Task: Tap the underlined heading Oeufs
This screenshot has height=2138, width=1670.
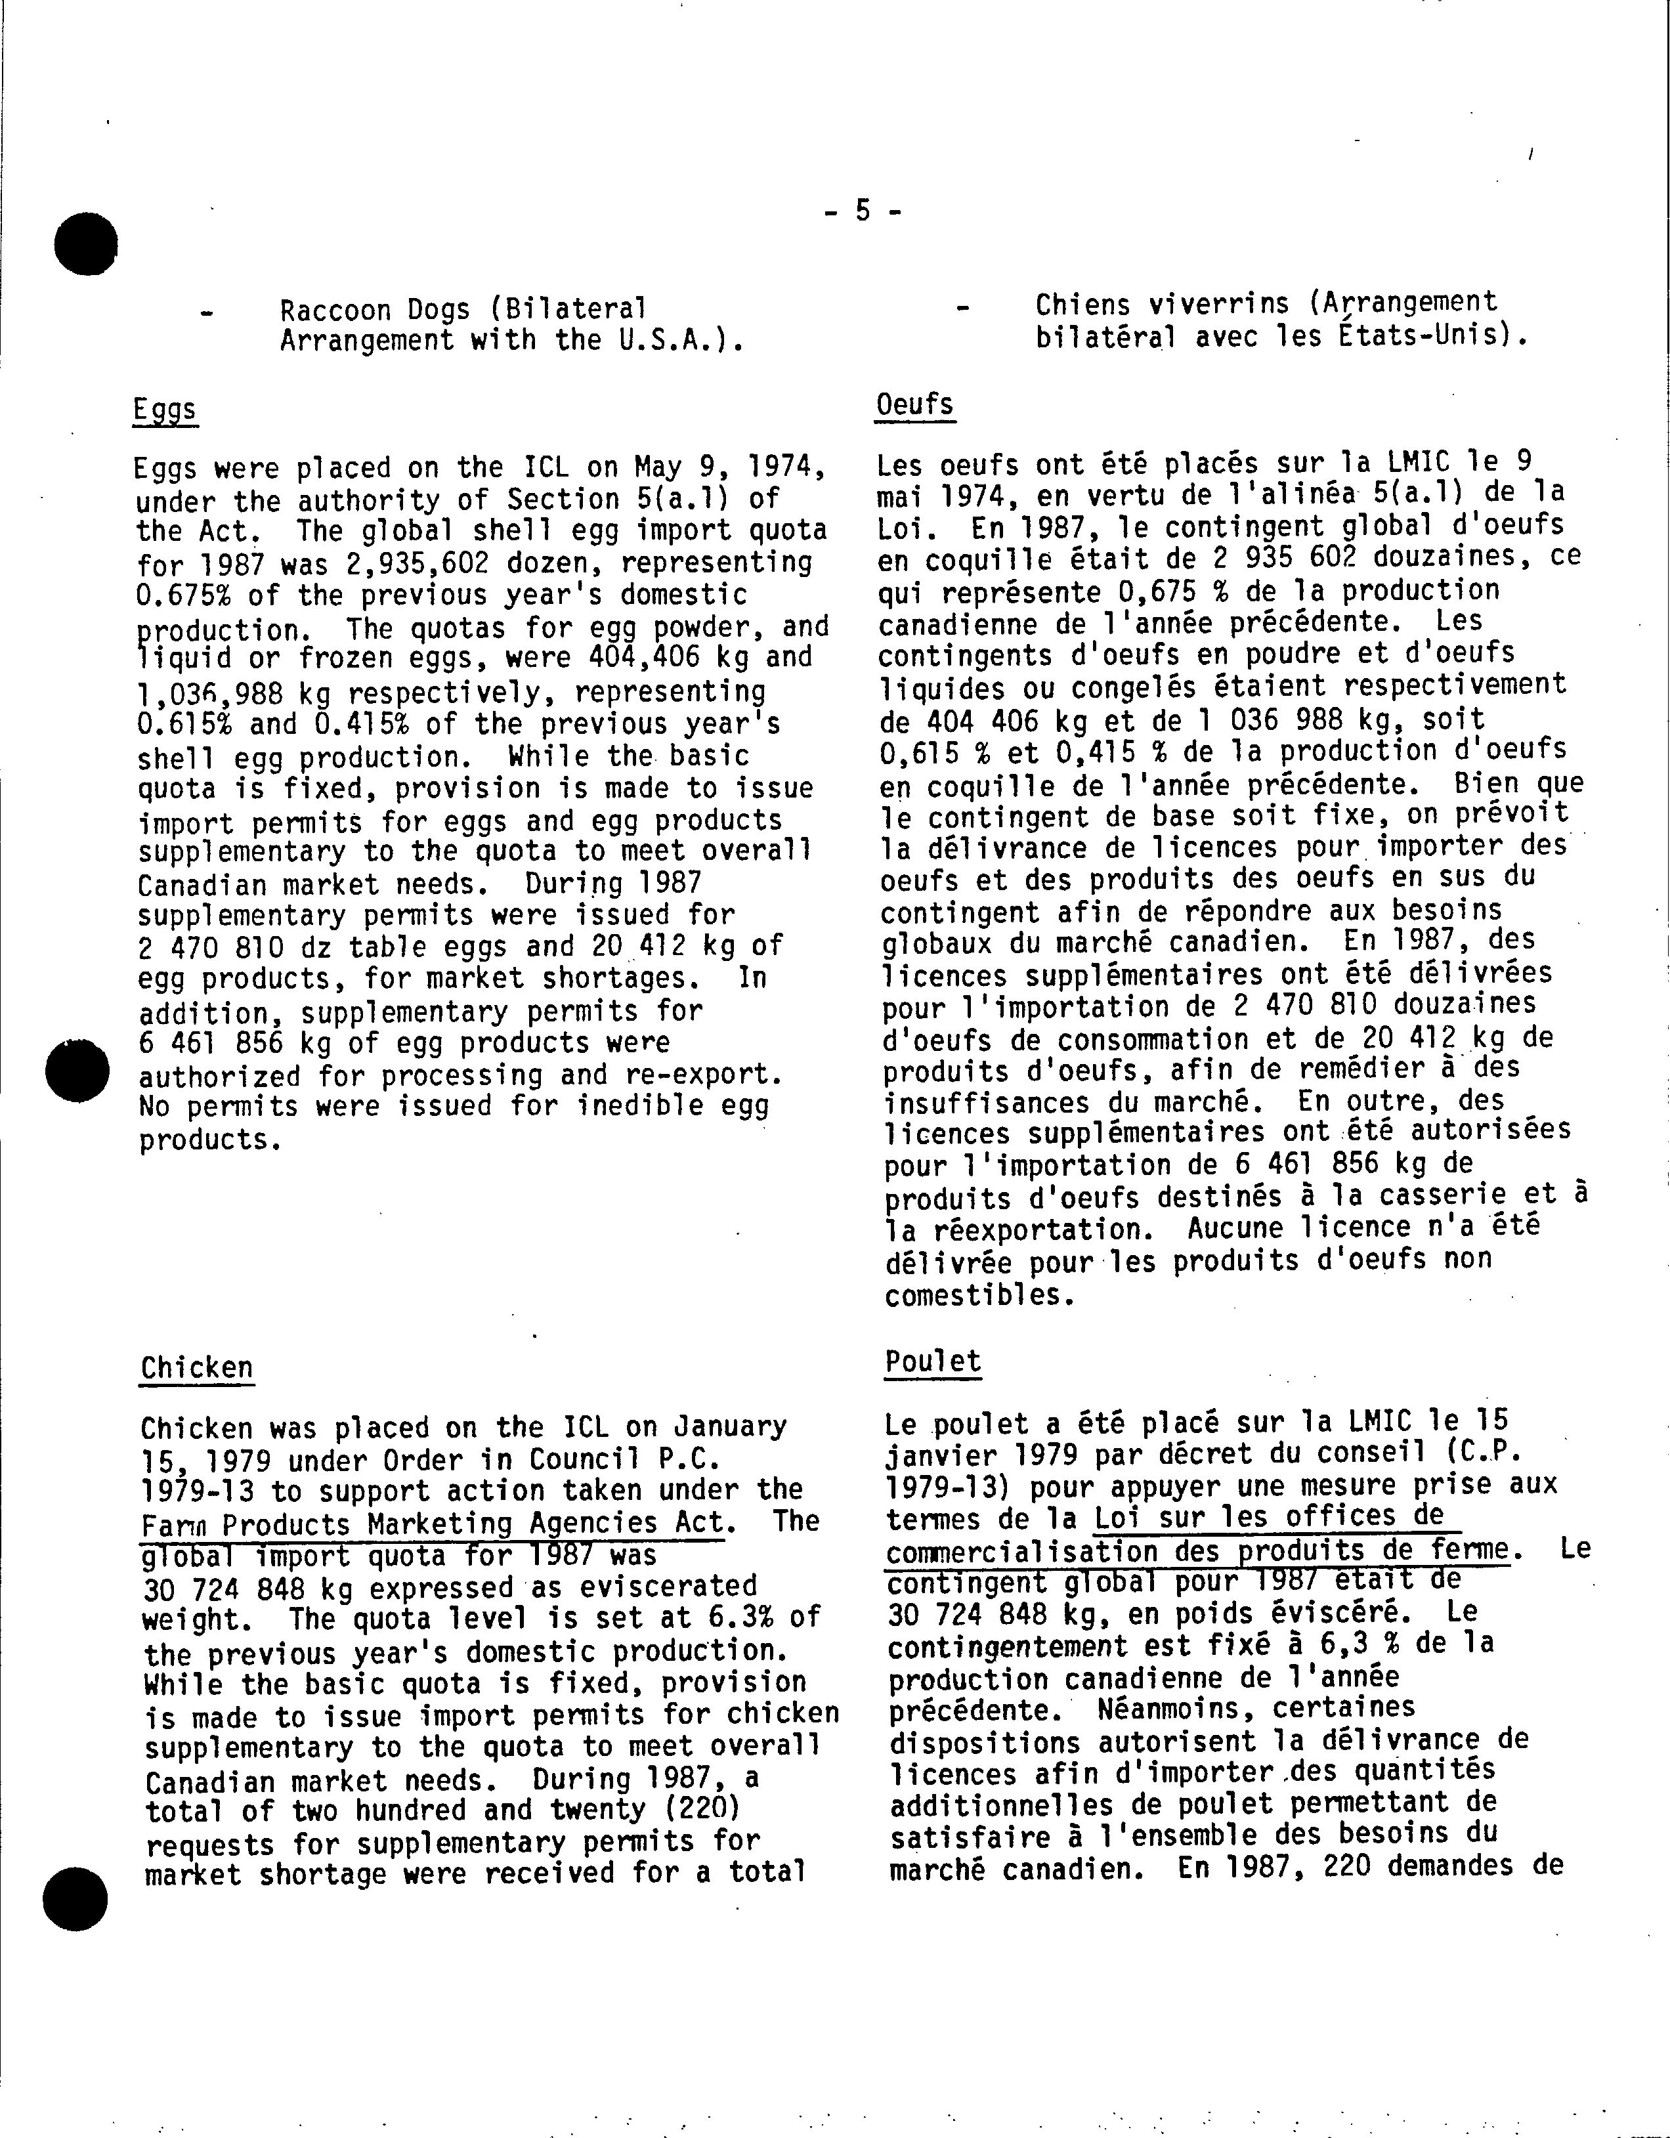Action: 914,405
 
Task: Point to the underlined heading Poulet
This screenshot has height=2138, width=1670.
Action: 932,1361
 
